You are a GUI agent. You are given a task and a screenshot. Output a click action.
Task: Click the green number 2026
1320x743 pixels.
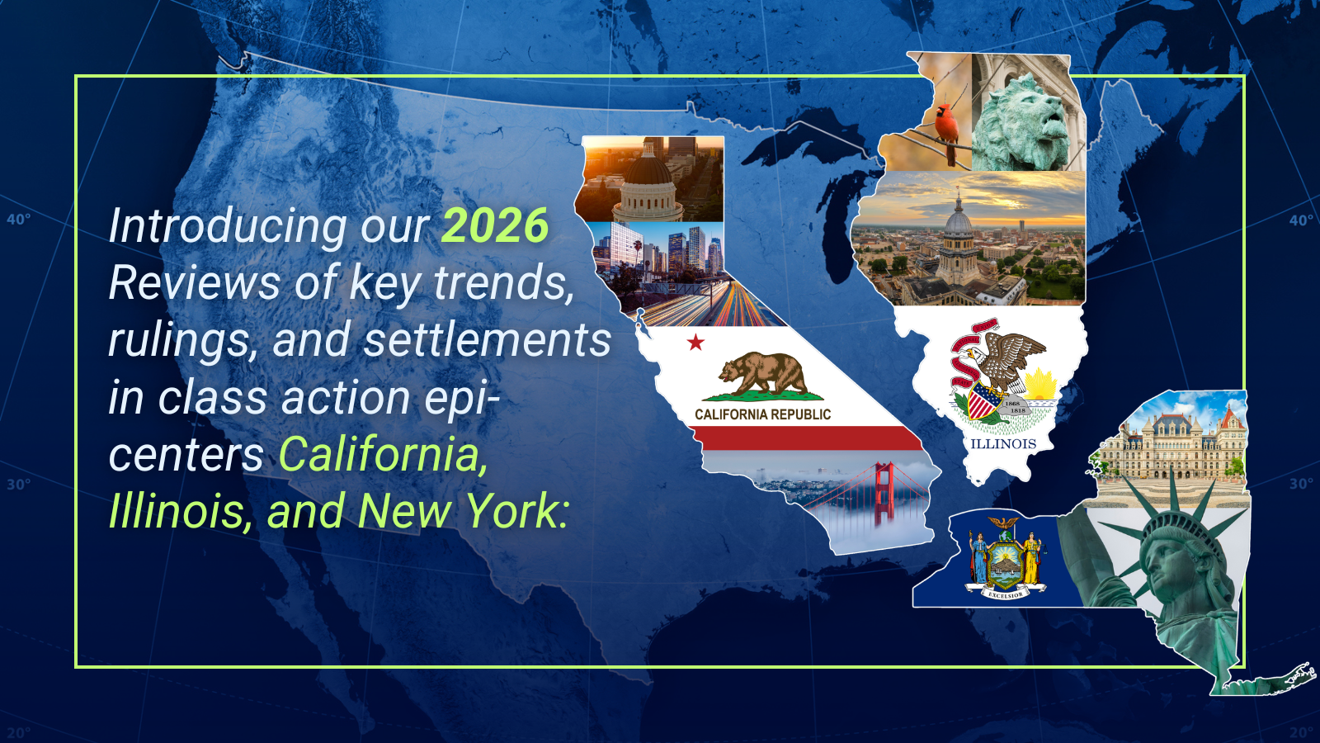(495, 225)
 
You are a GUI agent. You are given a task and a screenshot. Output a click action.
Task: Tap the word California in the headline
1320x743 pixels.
(383, 454)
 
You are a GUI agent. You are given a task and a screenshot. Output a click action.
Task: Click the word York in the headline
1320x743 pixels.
(516, 511)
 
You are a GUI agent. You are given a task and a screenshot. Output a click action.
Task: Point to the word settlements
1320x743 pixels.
(488, 339)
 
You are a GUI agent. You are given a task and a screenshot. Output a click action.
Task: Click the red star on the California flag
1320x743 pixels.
(696, 342)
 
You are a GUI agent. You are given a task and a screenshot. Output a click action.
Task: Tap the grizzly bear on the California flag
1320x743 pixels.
(762, 375)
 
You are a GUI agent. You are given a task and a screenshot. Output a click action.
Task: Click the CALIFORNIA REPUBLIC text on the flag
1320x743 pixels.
(762, 414)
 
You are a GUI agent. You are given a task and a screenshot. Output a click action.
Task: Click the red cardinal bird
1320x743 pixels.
(947, 133)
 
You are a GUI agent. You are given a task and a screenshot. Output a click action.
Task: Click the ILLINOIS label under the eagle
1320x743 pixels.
(1003, 444)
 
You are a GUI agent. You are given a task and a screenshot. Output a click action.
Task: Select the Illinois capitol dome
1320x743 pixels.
(959, 224)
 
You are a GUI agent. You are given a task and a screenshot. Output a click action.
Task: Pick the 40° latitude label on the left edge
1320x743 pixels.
(18, 220)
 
